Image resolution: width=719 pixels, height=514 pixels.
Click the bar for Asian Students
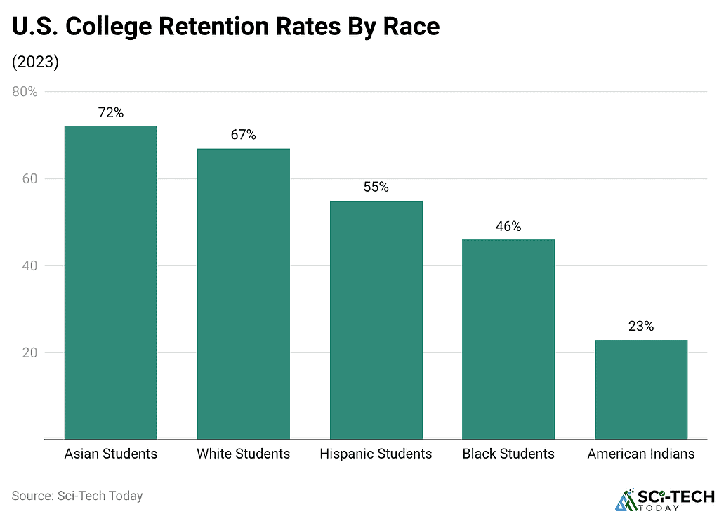click(110, 282)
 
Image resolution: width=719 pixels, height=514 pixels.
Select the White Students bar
click(243, 294)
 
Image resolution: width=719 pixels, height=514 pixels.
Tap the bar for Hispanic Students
click(376, 319)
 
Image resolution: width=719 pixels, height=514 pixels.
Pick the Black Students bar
click(508, 339)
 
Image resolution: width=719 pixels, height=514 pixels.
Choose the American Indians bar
click(641, 389)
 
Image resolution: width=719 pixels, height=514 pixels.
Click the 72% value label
click(111, 112)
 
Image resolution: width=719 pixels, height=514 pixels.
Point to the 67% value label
click(244, 135)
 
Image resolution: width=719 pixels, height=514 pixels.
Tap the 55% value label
click(376, 187)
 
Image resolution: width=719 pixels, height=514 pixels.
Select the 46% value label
click(508, 226)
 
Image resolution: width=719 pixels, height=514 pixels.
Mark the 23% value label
click(641, 327)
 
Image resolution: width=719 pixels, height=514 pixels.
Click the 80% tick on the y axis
click(25, 92)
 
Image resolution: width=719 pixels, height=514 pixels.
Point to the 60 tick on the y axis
click(29, 179)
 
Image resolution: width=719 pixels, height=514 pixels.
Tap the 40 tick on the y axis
click(29, 266)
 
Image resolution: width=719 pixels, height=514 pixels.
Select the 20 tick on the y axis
click(29, 352)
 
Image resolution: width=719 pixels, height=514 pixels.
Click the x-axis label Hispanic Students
click(376, 454)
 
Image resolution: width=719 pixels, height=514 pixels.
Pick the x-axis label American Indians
click(641, 454)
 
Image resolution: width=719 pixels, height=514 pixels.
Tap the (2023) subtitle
click(35, 62)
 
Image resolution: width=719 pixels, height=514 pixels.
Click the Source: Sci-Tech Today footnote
click(77, 496)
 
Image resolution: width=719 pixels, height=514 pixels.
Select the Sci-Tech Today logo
click(664, 499)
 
